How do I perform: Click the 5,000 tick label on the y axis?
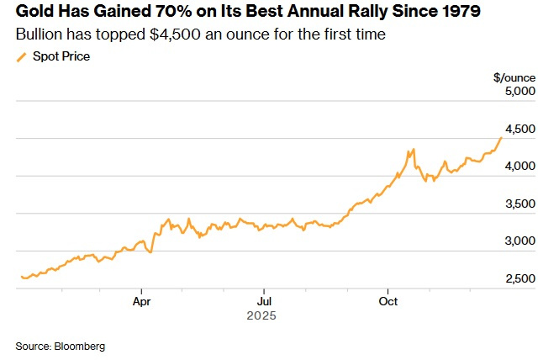point(519,92)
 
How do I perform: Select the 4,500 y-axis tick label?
point(519,129)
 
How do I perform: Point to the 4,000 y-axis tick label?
point(519,167)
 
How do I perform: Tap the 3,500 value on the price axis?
point(519,204)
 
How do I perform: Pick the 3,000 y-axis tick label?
point(519,241)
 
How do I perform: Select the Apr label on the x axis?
point(141,300)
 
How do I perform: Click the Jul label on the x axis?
point(264,300)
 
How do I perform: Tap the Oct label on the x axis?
point(388,300)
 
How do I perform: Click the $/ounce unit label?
point(514,77)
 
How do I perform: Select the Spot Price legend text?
point(61,56)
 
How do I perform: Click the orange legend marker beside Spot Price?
point(22,57)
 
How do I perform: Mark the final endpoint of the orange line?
point(502,137)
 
